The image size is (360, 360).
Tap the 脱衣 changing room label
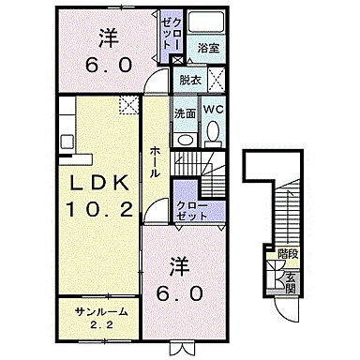(190, 82)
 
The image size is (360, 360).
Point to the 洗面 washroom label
(185, 113)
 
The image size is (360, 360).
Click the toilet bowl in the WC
(214, 134)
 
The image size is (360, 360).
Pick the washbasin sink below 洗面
(184, 135)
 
